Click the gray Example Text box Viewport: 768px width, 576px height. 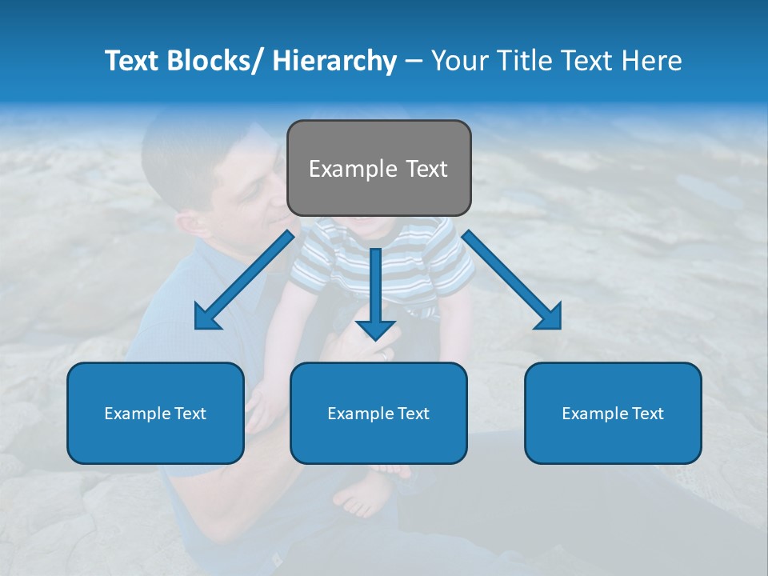[x=378, y=169]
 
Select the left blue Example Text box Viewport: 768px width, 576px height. [x=155, y=413]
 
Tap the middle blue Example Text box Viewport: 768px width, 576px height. [x=378, y=413]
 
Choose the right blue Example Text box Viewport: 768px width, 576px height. [x=613, y=413]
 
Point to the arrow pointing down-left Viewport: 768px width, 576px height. [x=244, y=280]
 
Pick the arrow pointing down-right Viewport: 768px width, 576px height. [x=512, y=280]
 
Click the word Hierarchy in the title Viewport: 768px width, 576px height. [x=334, y=61]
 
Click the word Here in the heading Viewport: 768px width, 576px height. [x=651, y=61]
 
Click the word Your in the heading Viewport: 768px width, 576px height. [x=459, y=61]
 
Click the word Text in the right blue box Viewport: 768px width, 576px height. [x=647, y=413]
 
